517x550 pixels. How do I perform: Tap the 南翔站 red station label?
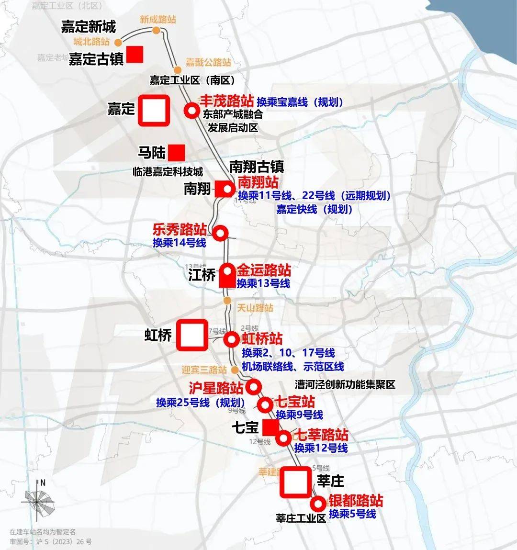258,182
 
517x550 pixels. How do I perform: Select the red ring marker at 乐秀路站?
220,233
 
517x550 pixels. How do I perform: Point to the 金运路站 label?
263,270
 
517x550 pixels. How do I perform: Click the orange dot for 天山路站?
227,300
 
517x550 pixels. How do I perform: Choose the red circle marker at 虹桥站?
232,339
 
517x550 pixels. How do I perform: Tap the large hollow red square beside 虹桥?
192,335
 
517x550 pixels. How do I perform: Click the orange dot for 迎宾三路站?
235,370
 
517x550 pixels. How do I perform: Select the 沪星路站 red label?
216,388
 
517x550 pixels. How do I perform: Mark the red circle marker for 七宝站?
265,405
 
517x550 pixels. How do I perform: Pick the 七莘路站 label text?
320,435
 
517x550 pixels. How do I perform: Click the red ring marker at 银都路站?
318,504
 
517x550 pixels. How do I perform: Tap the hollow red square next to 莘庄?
295,482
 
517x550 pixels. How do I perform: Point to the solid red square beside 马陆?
176,153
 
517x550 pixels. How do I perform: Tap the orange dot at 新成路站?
156,31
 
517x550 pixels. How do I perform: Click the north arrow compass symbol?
38,500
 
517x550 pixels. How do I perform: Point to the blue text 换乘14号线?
179,243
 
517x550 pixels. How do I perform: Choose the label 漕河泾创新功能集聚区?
345,384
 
